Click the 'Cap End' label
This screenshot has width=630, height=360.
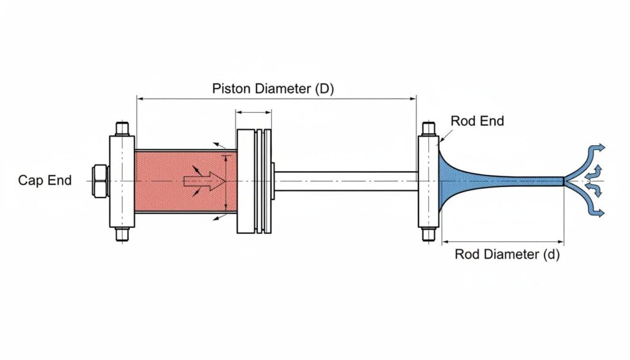coord(45,180)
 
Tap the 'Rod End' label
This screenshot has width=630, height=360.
coord(477,121)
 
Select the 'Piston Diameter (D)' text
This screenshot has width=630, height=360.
coord(273,88)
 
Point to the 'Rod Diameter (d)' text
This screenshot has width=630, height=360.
coord(507,254)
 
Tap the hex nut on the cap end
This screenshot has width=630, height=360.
coord(99,180)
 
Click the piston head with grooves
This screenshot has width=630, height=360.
coord(254,181)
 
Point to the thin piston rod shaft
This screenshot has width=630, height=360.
coord(345,180)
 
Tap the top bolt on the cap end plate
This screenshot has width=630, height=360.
coord(121,129)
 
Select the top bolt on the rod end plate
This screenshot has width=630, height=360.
coord(429,129)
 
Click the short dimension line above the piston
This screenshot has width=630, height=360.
coord(253,113)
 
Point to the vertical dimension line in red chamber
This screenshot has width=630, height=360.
coord(226,182)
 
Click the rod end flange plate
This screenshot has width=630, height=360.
coord(428,181)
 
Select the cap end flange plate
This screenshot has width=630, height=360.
coord(121,181)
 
